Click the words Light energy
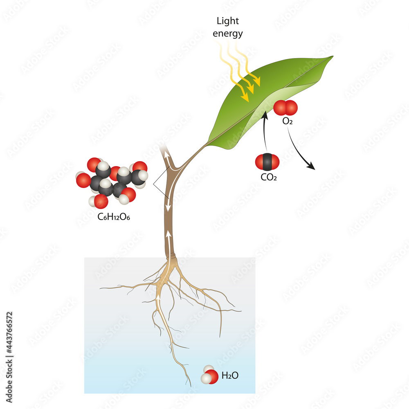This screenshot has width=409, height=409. click(227, 27)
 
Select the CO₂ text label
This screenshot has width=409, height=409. click(269, 177)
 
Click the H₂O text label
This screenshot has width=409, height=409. click(229, 375)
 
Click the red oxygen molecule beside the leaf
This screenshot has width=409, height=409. click(285, 108)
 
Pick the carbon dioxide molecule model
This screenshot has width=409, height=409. click(267, 162)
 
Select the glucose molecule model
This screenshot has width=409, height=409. click(111, 181)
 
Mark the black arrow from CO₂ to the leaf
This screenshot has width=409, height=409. click(265, 131)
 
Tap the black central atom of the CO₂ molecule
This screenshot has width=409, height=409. click(267, 162)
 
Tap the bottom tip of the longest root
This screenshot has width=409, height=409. click(190, 385)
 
